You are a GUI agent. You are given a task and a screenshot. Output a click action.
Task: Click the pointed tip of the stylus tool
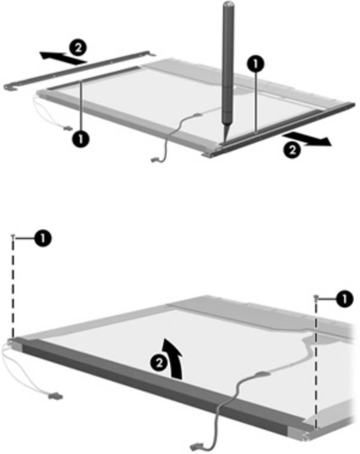tap(225, 141)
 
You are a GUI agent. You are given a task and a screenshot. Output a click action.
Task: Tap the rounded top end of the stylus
tap(228, 4)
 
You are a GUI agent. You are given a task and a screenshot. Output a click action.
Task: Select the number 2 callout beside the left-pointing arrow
tap(78, 48)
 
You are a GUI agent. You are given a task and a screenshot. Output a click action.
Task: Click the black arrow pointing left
tap(63, 57)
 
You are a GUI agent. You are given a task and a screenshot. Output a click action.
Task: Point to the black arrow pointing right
tap(306, 139)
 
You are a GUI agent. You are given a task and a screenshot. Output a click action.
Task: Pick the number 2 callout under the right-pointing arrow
tap(292, 150)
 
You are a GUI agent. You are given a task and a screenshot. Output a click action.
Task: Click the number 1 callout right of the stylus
tap(255, 64)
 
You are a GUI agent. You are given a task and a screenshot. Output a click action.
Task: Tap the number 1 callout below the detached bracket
tap(81, 139)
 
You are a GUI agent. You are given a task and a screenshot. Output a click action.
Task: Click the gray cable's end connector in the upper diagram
tap(155, 160)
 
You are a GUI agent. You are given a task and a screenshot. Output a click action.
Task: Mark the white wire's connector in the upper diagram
tap(68, 127)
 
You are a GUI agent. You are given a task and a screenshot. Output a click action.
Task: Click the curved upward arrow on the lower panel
tap(173, 358)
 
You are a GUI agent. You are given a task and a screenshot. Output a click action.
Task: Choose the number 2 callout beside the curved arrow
tap(159, 362)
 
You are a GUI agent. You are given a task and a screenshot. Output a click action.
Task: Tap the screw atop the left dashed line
tap(13, 236)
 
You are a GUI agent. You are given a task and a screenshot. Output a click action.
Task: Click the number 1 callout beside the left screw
tap(43, 238)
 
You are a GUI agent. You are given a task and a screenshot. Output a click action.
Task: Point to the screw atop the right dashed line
tap(316, 297)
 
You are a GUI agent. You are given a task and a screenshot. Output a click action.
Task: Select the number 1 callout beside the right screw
tap(344, 299)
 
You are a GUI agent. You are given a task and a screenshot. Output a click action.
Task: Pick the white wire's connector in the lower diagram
tap(56, 395)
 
